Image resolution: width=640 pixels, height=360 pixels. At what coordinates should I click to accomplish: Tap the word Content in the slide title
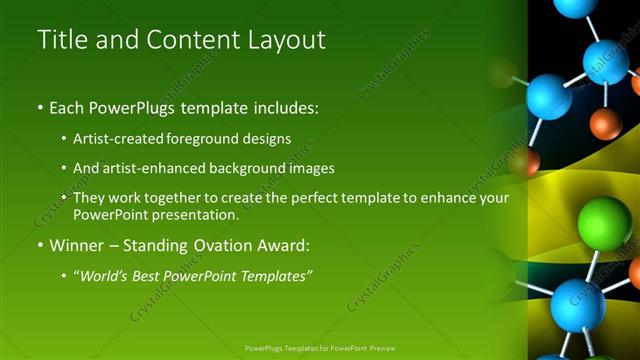[185, 40]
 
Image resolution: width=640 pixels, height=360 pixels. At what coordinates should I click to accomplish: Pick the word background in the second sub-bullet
[249, 168]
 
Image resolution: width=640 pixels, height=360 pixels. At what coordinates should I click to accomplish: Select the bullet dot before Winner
[41, 244]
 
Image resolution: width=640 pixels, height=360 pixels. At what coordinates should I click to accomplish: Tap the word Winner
[77, 244]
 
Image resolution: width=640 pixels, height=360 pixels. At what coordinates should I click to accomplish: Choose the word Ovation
[219, 244]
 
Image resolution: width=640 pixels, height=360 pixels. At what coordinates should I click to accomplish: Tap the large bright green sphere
[605, 220]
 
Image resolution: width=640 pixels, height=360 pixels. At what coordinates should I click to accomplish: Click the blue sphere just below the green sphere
[578, 304]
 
